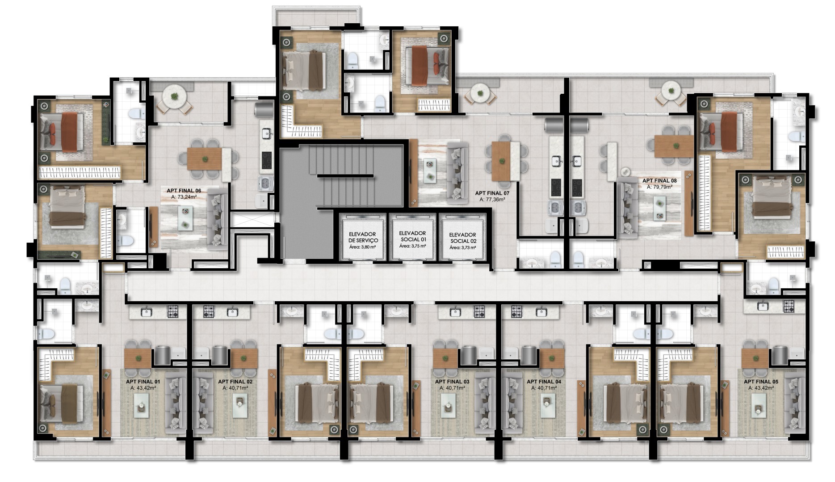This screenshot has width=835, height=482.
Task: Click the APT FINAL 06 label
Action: click(184, 191)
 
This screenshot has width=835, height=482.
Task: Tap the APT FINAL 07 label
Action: click(492, 193)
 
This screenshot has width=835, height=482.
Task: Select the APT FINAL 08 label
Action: click(659, 181)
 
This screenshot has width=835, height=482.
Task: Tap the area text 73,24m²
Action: click(184, 197)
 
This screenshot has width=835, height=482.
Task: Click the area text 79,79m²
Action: click(659, 187)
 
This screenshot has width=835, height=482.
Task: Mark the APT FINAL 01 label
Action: click(143, 382)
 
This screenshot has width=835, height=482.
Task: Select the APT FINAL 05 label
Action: click(761, 382)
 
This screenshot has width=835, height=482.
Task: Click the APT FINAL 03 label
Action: click(452, 382)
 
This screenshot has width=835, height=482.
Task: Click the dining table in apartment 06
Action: click(204, 158)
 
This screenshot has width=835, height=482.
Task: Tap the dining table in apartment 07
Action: click(501, 161)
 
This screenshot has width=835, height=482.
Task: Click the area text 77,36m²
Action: click(492, 199)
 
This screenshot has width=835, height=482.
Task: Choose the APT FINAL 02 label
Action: click(235, 382)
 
